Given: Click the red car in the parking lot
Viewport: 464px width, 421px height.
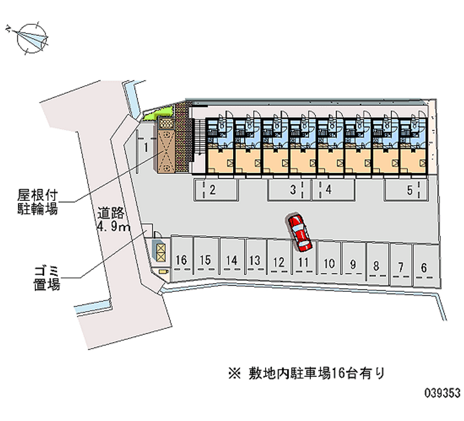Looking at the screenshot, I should tap(300, 232).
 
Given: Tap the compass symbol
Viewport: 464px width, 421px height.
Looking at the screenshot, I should tap(31, 39).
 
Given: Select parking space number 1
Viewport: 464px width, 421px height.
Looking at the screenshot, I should tap(147, 148).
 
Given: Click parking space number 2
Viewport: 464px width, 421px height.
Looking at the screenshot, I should tap(213, 189).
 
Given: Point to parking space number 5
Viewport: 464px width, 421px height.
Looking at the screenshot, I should tap(409, 189).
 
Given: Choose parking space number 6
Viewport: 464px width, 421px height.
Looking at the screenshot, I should tap(424, 268).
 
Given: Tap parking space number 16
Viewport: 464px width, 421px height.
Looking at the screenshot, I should tap(182, 260).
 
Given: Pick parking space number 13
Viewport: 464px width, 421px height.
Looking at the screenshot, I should tap(254, 261).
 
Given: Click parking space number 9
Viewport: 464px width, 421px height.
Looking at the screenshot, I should tap(353, 265).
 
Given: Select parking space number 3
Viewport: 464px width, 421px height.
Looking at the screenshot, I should tap(293, 189).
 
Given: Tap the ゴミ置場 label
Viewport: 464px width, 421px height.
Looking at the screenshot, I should tap(46, 277).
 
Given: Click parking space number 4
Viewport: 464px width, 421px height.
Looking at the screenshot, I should tap(328, 189).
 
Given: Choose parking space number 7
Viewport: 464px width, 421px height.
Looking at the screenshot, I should tap(400, 267).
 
